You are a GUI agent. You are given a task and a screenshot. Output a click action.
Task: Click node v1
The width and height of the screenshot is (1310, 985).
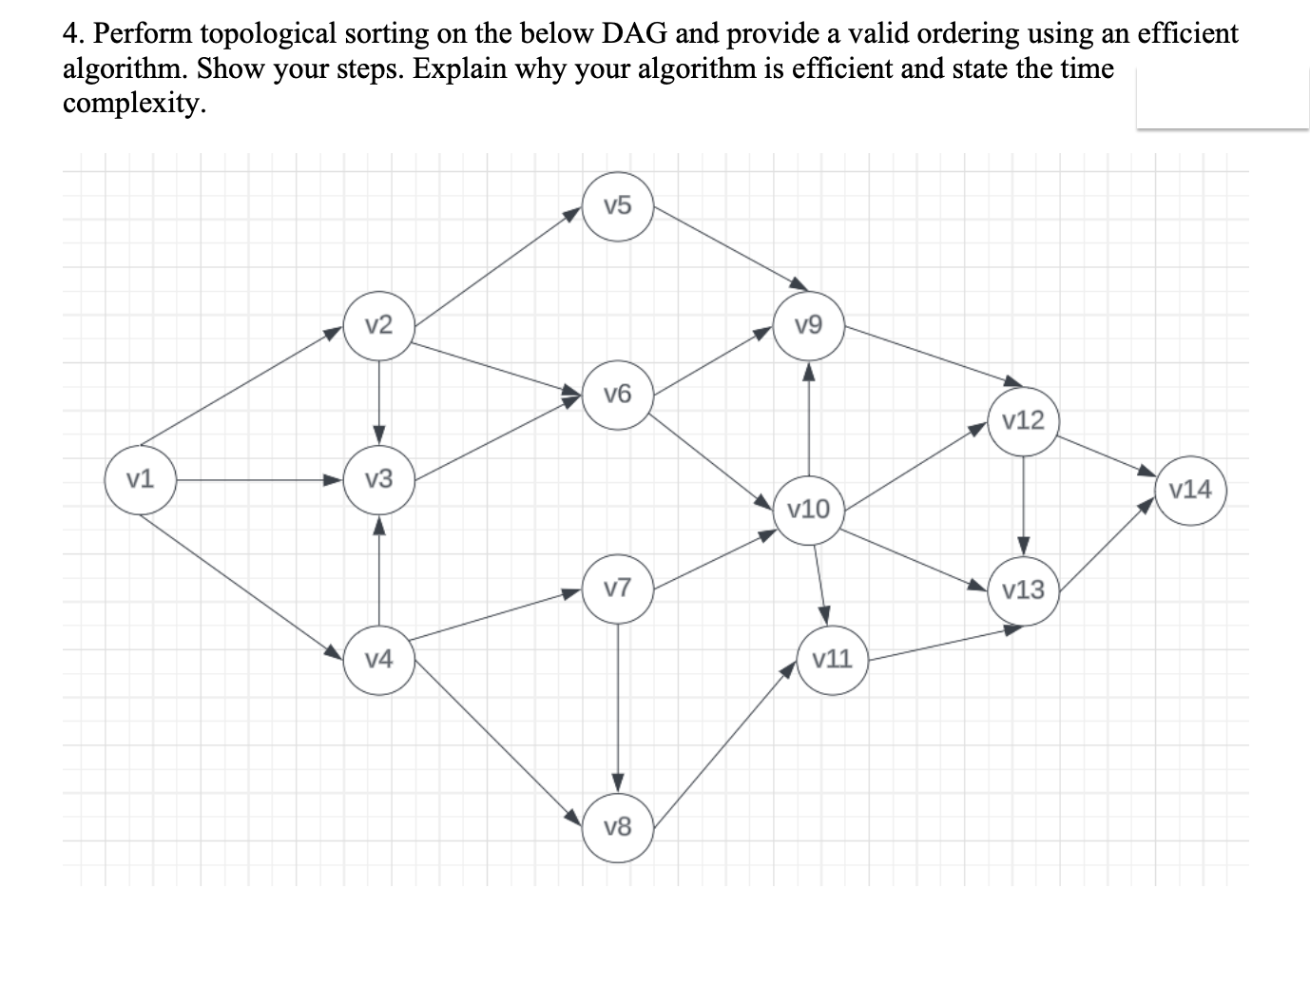[x=141, y=479]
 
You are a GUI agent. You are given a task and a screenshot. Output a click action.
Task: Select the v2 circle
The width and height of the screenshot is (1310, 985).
[x=378, y=325]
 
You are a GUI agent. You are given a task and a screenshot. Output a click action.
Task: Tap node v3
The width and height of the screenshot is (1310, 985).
[x=378, y=479]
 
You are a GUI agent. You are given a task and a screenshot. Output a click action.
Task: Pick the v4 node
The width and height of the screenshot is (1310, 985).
[x=378, y=658]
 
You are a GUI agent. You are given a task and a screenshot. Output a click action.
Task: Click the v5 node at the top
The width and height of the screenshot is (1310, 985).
[x=618, y=205]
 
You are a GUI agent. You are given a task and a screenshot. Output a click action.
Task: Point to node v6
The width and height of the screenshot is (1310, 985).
[x=618, y=394]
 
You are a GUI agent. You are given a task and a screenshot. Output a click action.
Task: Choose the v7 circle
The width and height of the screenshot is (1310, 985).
[x=618, y=589]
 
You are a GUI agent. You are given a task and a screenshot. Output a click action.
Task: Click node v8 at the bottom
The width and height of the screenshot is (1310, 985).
[x=618, y=827]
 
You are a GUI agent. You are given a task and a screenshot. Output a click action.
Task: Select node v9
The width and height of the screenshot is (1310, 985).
[x=808, y=326]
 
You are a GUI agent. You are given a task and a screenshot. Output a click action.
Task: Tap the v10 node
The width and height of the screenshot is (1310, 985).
[x=809, y=510]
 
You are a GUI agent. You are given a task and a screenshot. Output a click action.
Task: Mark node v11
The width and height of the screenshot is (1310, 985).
[x=833, y=658]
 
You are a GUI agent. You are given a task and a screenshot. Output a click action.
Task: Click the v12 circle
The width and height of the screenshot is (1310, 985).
[x=1023, y=420]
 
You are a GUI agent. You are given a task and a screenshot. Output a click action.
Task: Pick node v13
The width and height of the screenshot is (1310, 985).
[x=1023, y=589]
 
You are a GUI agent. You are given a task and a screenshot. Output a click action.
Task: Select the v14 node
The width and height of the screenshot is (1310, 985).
[x=1190, y=490]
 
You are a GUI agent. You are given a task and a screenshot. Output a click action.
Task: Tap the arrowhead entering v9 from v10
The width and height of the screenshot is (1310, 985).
[x=808, y=371]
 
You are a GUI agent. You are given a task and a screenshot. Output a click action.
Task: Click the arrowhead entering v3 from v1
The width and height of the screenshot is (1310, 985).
[x=333, y=479]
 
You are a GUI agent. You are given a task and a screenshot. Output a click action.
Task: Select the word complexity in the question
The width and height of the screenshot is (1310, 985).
[x=134, y=104]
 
